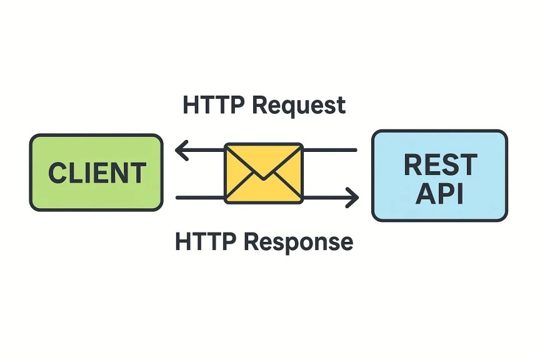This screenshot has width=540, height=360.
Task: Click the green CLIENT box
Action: pos(96,172)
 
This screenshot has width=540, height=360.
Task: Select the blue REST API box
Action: pos(440,176)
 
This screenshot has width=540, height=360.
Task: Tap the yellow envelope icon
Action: pos(264,173)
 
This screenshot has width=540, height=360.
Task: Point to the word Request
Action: pos(299,106)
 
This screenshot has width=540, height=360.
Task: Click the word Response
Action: pos(299,242)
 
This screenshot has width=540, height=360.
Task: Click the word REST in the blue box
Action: pos(441,164)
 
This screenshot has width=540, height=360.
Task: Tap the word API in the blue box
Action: pos(439,193)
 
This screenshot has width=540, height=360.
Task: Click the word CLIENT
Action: pos(97,172)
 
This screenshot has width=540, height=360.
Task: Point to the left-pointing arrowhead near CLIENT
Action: pos(181,150)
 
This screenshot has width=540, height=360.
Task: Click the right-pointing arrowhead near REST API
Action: pos(352,197)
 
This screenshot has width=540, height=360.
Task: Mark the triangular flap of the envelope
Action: pos(264,162)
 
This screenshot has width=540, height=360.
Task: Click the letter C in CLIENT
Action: pos(58,172)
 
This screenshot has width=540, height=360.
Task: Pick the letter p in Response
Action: pos(299,245)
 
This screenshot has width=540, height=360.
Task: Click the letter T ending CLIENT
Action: pos(138,172)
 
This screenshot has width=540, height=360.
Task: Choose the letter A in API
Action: pos(426,193)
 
